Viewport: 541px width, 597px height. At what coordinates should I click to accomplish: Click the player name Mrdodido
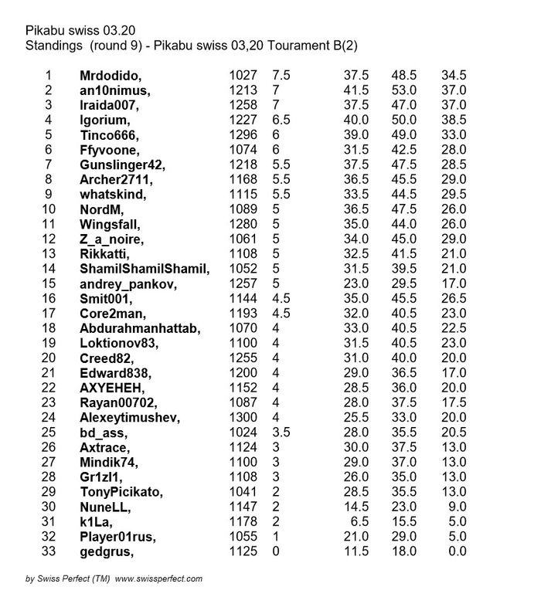(113, 76)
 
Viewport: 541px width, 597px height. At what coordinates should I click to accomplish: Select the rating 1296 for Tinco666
(242, 135)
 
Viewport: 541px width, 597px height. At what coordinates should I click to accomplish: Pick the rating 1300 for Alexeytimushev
(242, 418)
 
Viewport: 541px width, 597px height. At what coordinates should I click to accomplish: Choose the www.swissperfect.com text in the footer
(158, 578)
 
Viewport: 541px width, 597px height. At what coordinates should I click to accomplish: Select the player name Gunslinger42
(123, 165)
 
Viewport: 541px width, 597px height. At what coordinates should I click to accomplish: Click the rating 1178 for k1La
(242, 521)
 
